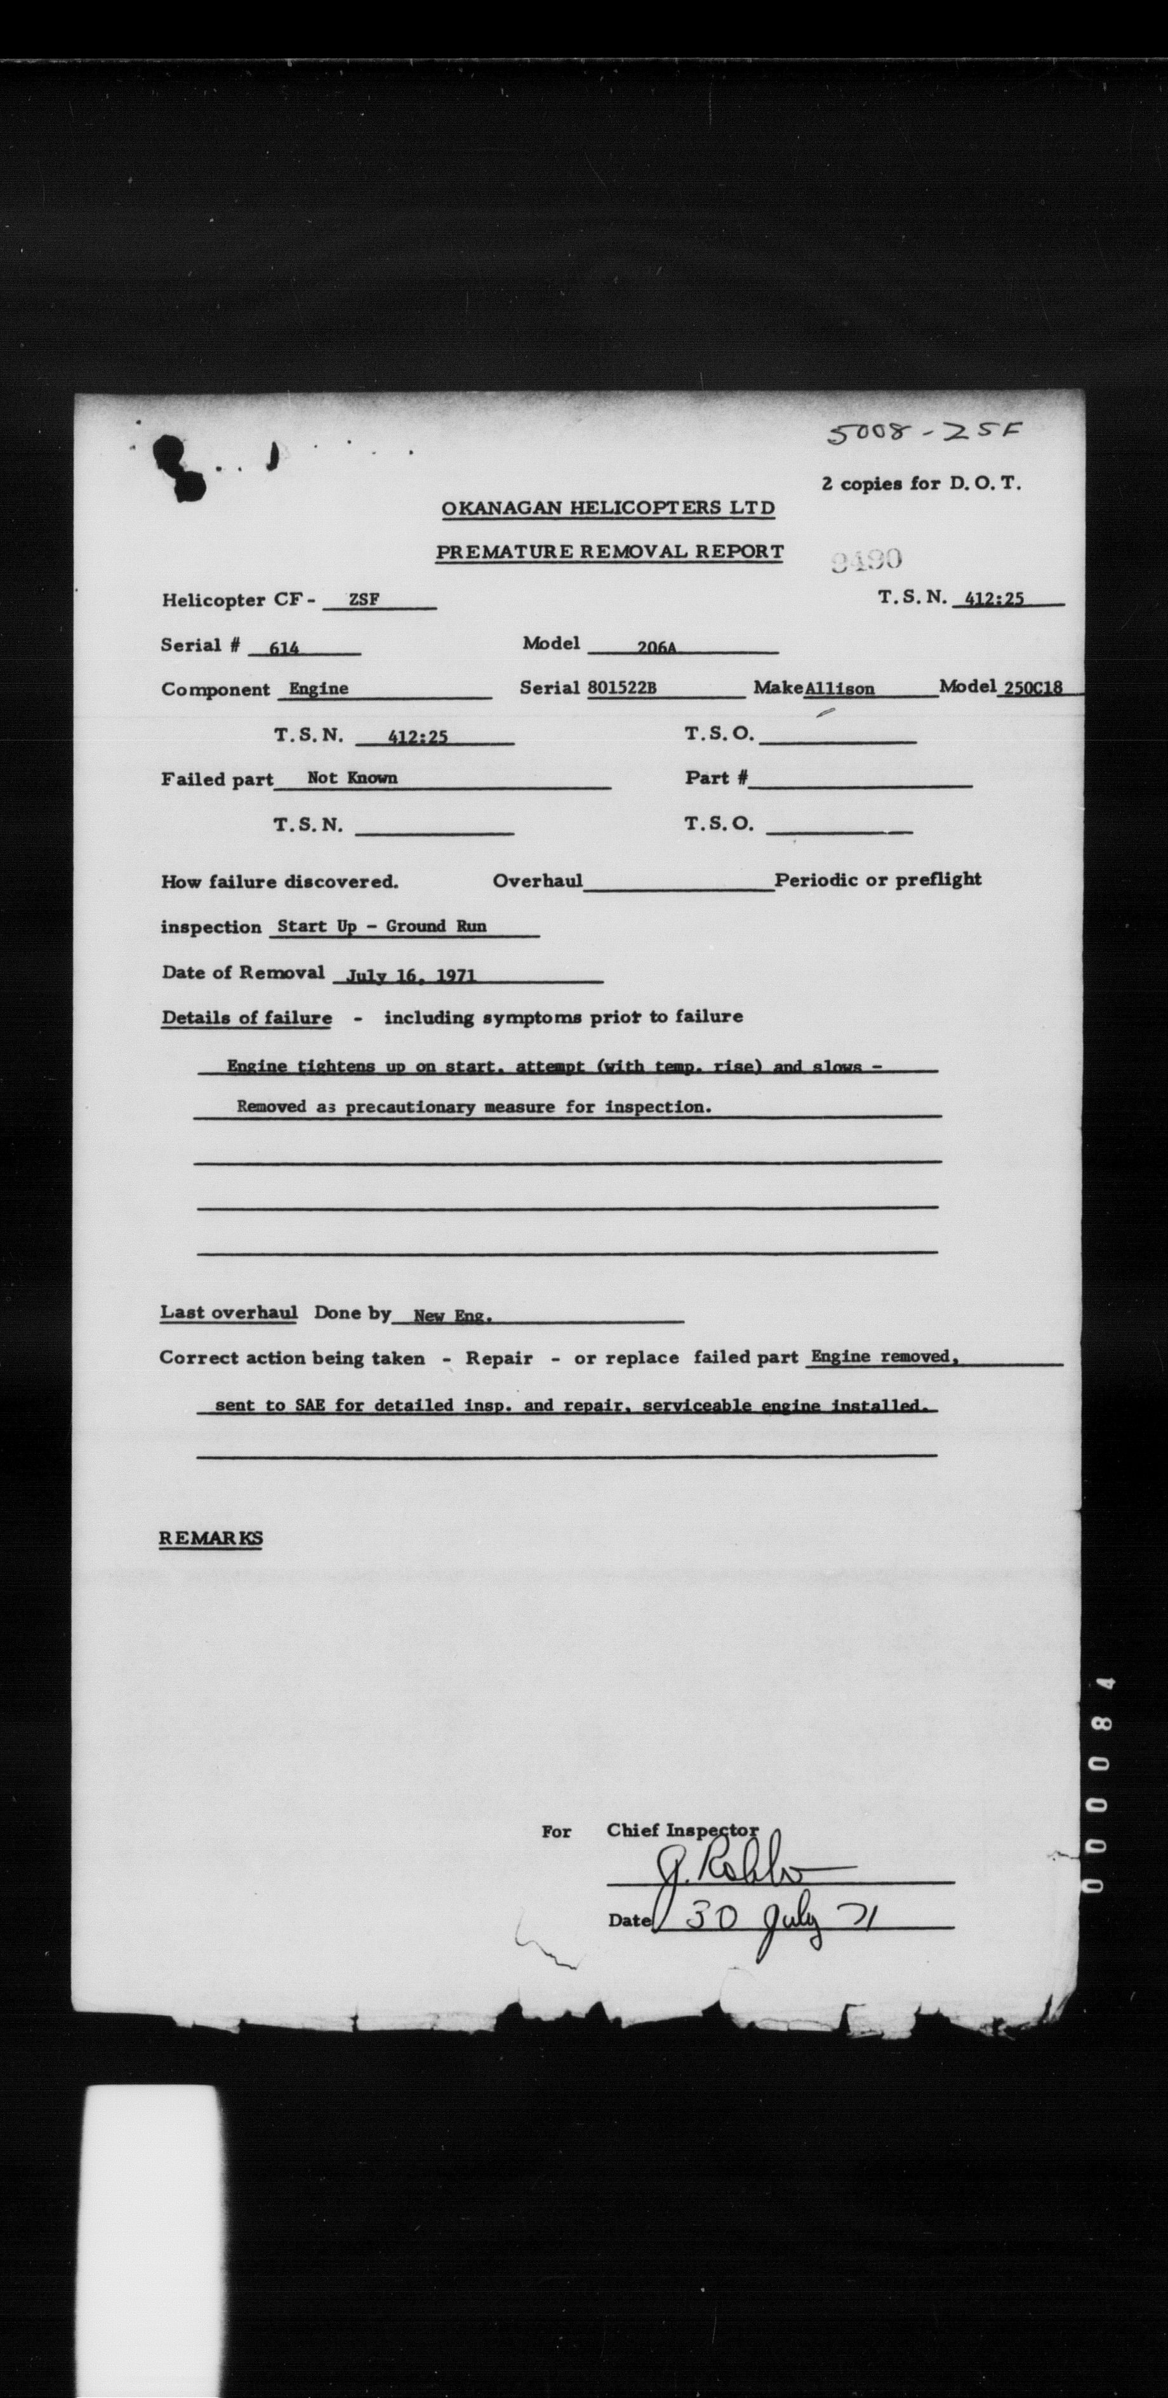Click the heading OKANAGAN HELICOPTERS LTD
coord(607,508)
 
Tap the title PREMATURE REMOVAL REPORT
coord(609,551)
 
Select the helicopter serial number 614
coord(283,648)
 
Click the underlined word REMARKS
coord(210,1538)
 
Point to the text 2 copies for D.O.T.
coord(920,483)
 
